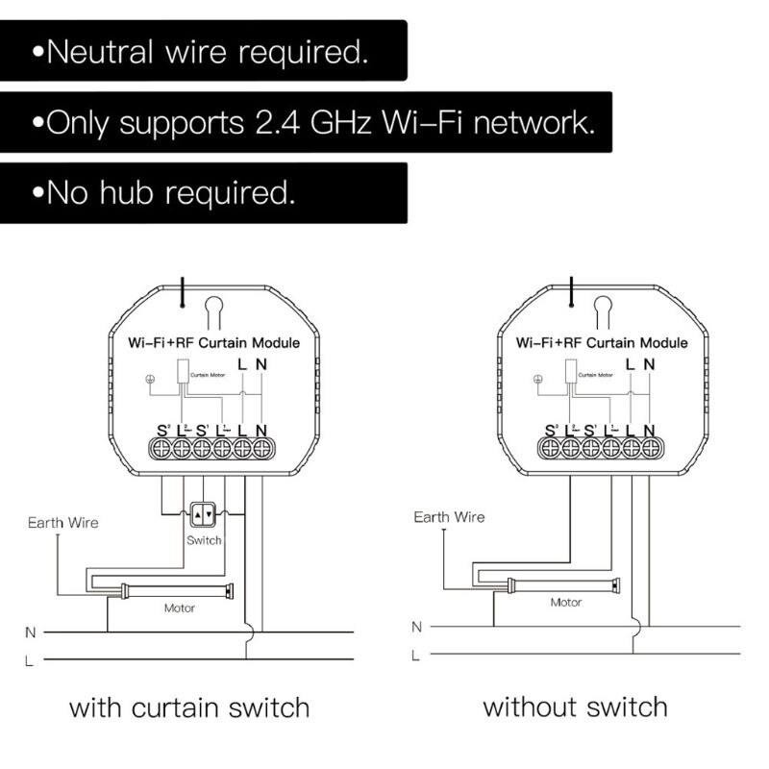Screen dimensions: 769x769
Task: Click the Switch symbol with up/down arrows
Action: pos(203,515)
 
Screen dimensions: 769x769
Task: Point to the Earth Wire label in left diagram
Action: pos(62,523)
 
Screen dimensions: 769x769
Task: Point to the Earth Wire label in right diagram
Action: pos(449,517)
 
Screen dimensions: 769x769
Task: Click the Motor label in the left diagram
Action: pos(180,608)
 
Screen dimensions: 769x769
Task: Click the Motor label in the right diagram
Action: pos(565,603)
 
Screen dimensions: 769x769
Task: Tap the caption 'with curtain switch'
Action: pos(189,708)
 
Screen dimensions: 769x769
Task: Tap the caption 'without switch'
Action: pos(575,707)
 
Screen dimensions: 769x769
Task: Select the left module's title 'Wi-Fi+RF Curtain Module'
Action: pos(213,342)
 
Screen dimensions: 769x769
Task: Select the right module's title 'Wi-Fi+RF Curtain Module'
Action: pos(602,342)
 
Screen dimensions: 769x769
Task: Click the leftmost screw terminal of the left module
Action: pos(161,447)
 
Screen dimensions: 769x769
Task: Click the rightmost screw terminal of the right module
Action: pos(650,447)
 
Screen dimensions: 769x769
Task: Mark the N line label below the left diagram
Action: pos(30,633)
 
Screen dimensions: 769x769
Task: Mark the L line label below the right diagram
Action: pos(415,656)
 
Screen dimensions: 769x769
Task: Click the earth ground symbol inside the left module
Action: pos(149,378)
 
